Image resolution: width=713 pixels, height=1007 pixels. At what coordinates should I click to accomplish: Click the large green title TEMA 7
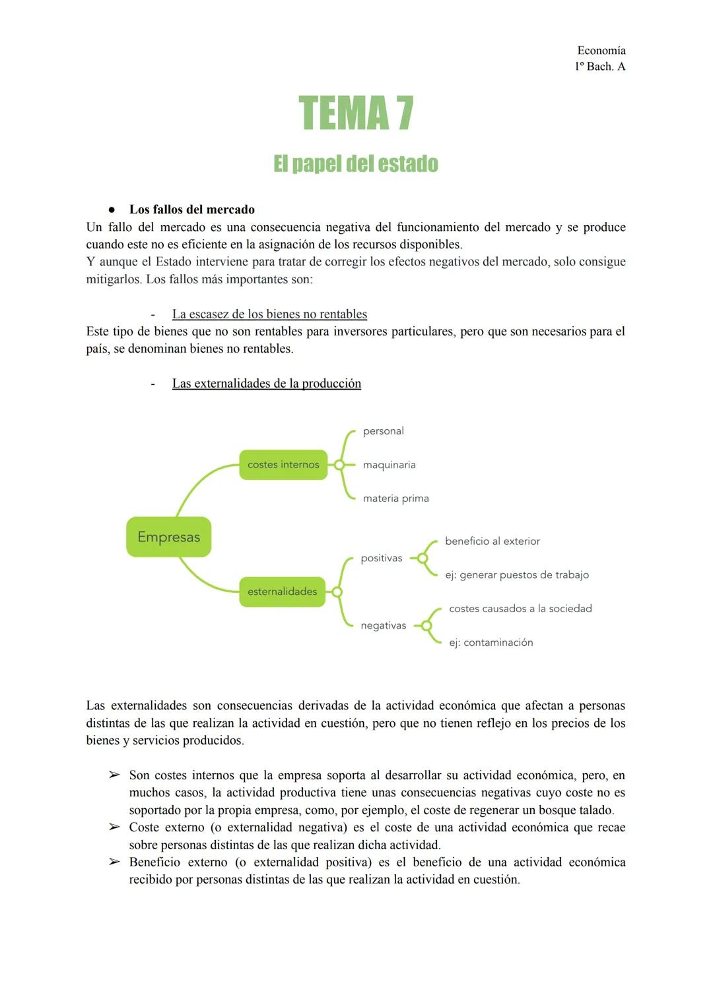pos(356,114)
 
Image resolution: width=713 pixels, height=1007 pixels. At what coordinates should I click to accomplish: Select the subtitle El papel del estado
pos(356,164)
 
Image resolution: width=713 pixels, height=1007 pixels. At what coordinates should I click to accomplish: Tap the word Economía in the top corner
pos(601,50)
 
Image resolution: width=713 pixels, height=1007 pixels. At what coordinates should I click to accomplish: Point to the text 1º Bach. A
pos(599,66)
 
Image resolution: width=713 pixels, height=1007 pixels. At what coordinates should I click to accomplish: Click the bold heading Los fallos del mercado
pos(191,209)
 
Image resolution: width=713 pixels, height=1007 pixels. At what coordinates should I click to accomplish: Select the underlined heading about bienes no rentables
pos(269,314)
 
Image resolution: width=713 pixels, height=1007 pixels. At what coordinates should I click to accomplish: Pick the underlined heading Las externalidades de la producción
pos(266,384)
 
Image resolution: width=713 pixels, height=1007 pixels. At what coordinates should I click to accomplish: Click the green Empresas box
pos(168,537)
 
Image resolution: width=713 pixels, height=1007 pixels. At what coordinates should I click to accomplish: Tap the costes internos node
pos(283,465)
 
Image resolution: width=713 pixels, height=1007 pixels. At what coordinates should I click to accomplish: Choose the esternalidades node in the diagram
pos(282,592)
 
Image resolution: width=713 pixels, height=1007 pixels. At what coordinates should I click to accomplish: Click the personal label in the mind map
pos(383,431)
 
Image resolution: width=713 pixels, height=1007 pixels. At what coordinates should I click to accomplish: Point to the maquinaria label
pos(389,465)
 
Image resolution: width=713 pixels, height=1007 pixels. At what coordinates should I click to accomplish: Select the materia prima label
pos(395,499)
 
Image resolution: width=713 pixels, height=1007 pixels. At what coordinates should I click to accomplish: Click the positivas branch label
pos(381,559)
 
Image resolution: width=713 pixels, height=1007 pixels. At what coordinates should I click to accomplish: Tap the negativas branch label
pos(383,625)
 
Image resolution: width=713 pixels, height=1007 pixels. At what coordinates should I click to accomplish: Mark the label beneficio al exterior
pos(492,541)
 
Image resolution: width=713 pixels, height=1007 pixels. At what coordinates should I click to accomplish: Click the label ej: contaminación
pos(491,642)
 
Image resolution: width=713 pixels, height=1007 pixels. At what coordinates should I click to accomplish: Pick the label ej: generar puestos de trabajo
pos(516,575)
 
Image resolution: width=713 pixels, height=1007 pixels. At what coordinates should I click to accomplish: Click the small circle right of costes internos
pos(339,465)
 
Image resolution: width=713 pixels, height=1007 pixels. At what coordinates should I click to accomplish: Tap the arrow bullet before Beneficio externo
pos(114,862)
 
